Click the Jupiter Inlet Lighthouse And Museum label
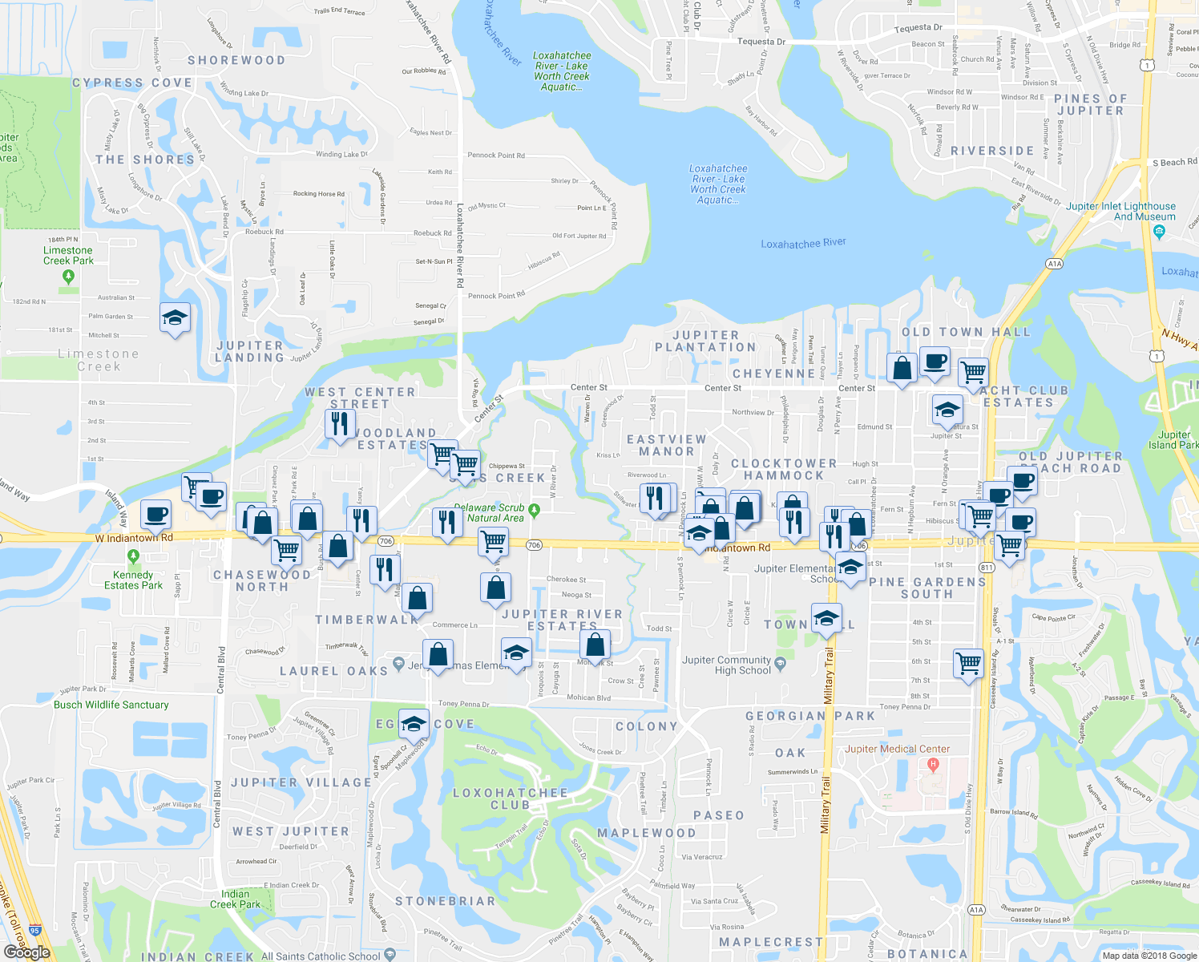[1120, 212]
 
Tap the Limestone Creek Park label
[68, 256]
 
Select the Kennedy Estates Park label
[133, 580]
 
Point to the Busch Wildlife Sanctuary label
[111, 705]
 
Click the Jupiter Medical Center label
[898, 749]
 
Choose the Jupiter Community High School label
[726, 665]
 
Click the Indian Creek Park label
[235, 899]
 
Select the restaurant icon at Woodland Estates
[340, 422]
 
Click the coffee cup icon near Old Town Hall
[935, 362]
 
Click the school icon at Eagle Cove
[414, 724]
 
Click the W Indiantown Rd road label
[134, 538]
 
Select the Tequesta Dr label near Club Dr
[761, 42]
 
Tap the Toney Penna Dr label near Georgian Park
[905, 707]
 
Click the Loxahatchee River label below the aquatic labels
[803, 244]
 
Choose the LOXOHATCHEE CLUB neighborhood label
[510, 798]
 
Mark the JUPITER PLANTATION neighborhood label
[705, 342]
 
